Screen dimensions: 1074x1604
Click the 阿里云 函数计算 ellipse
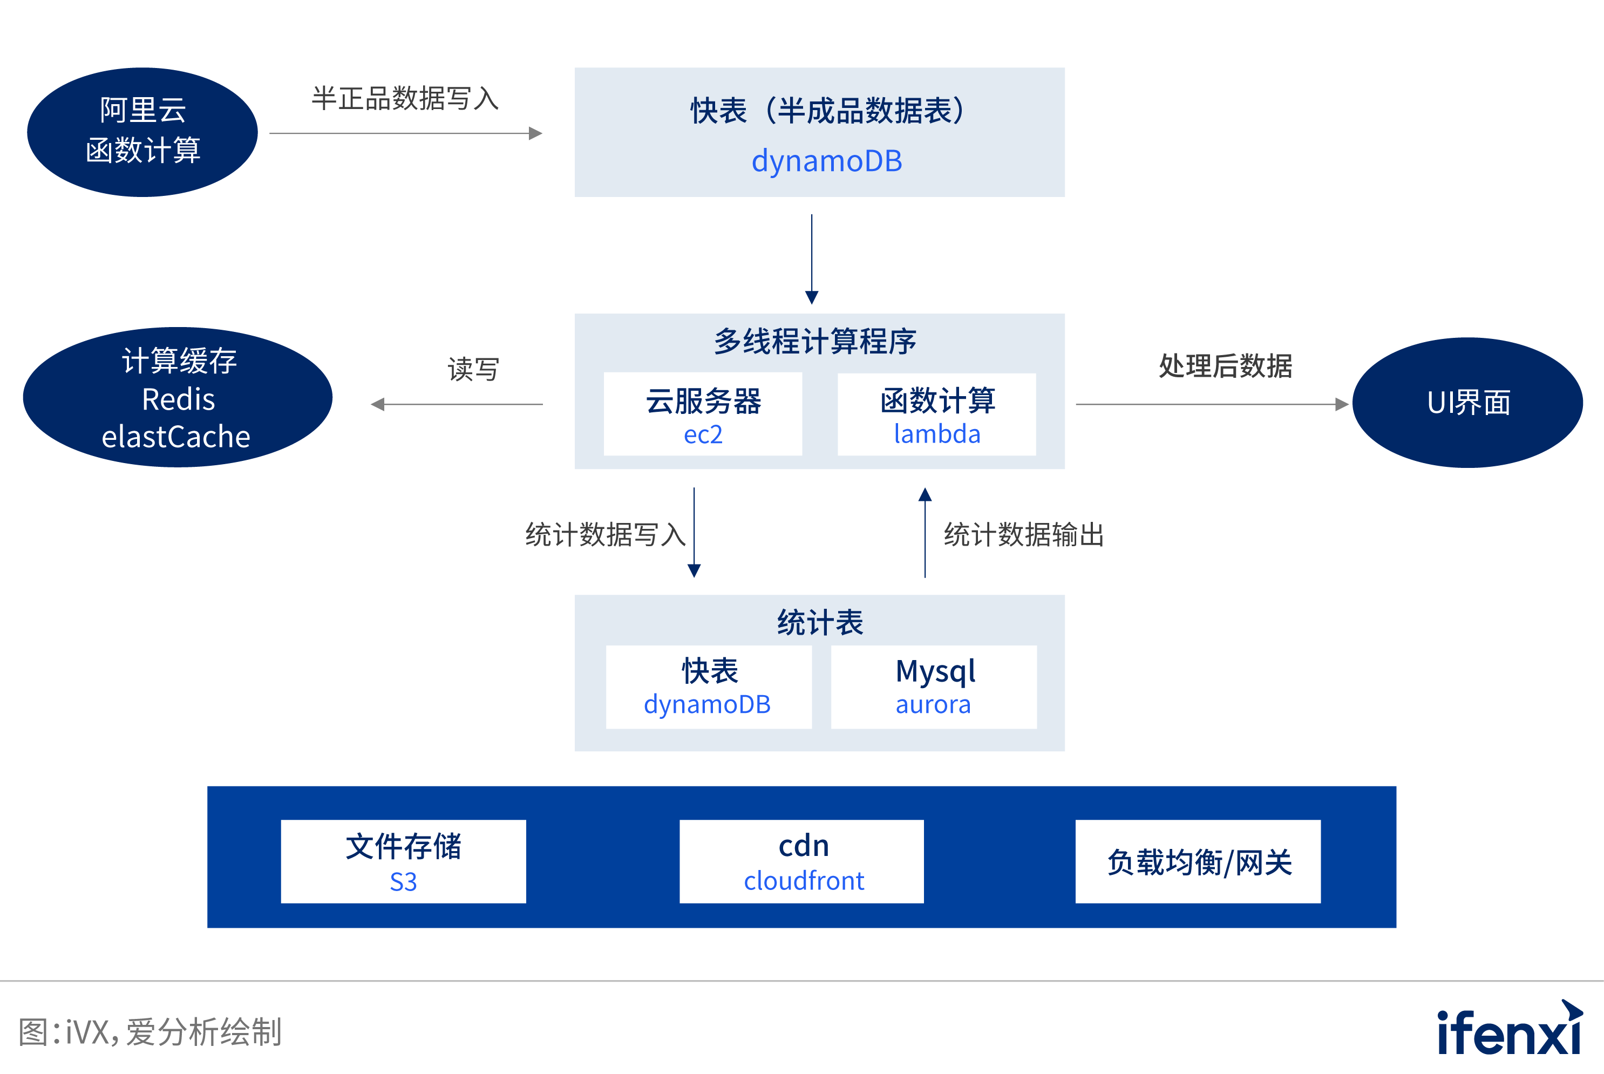pos(142,132)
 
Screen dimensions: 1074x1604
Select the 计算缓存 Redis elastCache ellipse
pos(178,397)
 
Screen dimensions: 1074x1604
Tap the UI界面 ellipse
pos(1467,403)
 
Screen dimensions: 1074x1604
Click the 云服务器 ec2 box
pos(703,414)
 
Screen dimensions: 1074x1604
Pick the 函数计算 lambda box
pos(936,414)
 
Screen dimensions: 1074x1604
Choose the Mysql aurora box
pos(934,687)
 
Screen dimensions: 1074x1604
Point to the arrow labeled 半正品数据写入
pos(405,133)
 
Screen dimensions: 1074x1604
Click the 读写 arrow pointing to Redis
pos(457,404)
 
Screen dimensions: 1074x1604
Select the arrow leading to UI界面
pos(1212,404)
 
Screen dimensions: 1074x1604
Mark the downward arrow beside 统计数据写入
pos(694,532)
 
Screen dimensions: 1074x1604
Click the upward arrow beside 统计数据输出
pos(925,532)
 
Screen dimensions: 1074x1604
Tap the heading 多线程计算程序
pos(815,341)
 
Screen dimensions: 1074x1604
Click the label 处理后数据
pos(1225,366)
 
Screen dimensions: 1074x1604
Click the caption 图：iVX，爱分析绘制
pos(150,1031)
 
